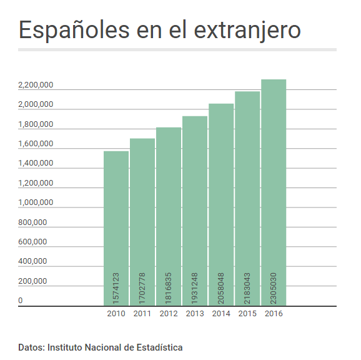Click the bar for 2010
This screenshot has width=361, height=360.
116,228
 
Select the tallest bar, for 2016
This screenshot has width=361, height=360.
274,192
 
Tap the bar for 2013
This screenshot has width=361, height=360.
195,211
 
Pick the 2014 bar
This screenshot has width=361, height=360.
221,204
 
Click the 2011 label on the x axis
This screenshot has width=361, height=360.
142,314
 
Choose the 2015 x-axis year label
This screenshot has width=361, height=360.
247,314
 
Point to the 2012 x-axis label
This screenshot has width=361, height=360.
169,314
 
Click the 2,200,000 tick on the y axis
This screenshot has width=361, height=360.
36,85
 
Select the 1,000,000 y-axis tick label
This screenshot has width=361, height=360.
36,202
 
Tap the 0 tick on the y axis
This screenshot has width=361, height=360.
21,301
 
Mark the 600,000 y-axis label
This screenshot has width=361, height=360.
32,242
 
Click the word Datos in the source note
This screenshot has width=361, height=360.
31,347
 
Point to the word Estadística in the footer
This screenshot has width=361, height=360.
159,347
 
